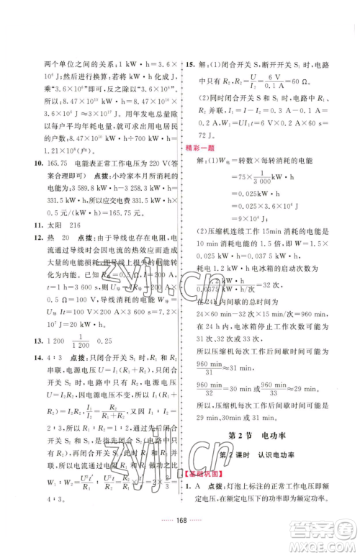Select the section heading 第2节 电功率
pos(257,434)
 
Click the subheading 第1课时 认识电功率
pos(257,453)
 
